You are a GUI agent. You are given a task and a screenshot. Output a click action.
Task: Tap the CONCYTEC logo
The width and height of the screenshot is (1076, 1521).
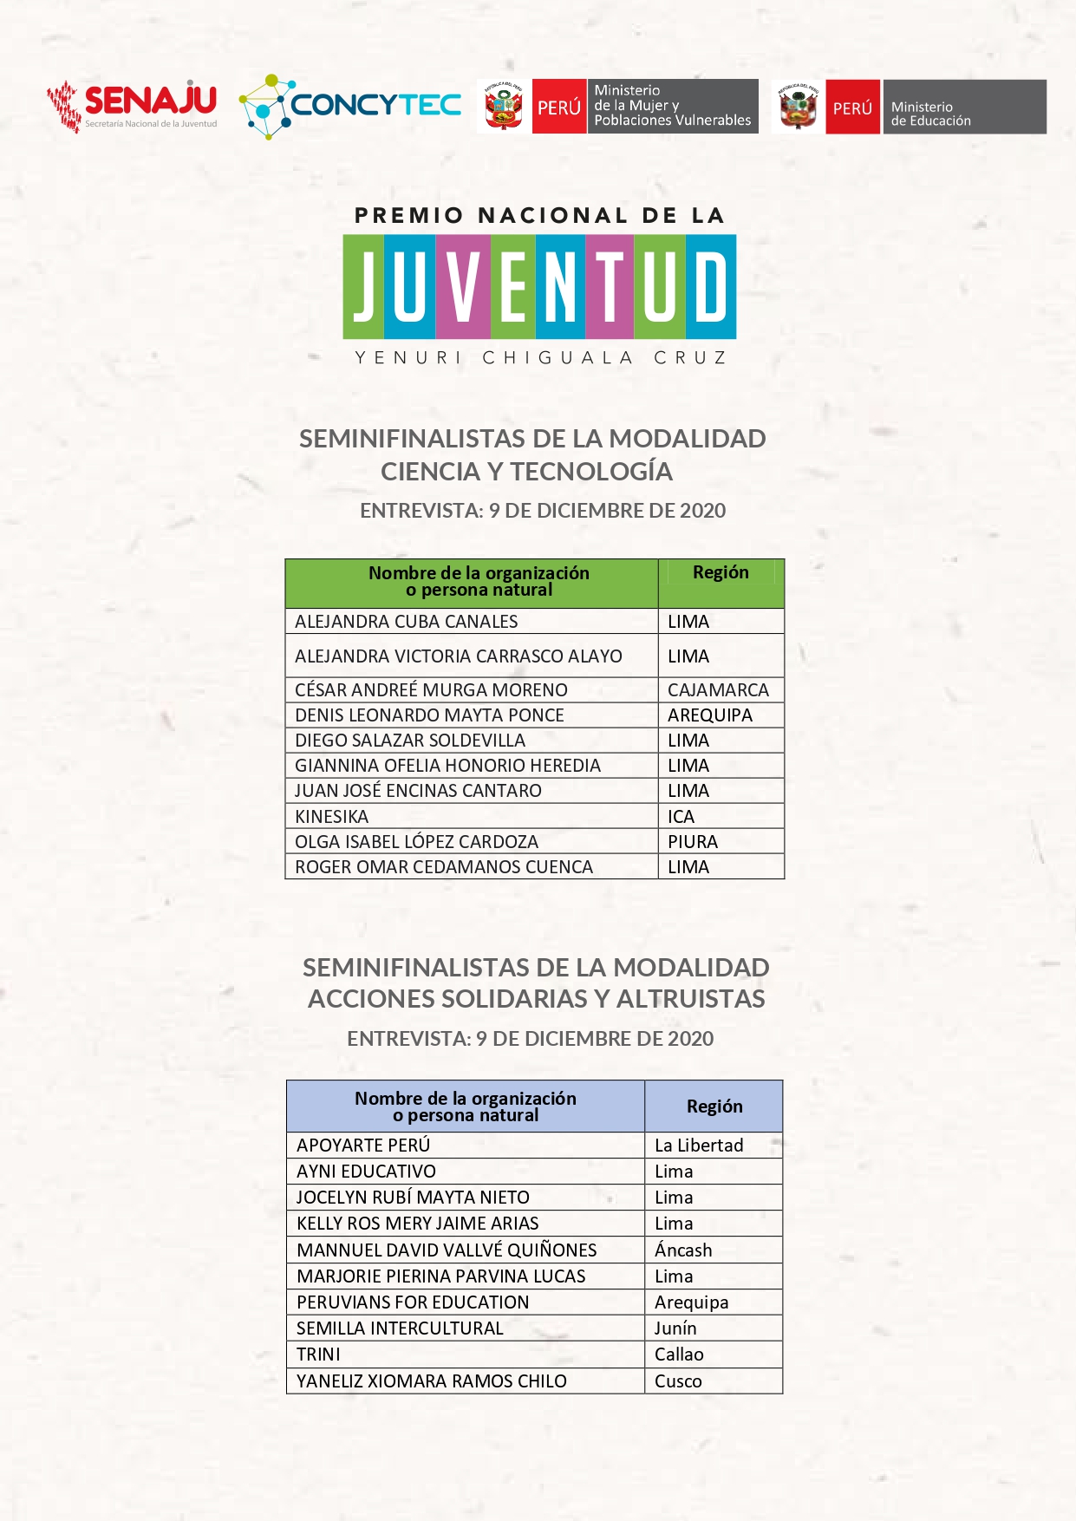pyautogui.click(x=350, y=106)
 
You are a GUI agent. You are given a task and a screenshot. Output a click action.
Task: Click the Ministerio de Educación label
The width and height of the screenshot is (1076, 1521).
pyautogui.click(x=930, y=114)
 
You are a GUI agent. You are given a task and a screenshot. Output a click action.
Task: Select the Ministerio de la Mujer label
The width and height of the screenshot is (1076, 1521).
pyautogui.click(x=672, y=106)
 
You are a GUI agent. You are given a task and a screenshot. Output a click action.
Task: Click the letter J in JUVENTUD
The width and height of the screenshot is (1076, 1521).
pyautogui.click(x=363, y=286)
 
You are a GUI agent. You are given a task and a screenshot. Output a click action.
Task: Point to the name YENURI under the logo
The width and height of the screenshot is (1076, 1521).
pyautogui.click(x=408, y=357)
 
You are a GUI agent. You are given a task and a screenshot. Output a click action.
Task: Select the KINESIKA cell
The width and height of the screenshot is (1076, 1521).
pyautogui.click(x=332, y=816)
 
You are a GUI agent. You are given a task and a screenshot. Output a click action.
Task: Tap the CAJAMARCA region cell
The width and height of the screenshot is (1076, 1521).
pyautogui.click(x=718, y=689)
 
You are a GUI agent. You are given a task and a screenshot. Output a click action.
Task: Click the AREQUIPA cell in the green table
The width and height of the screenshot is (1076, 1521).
pyautogui.click(x=710, y=715)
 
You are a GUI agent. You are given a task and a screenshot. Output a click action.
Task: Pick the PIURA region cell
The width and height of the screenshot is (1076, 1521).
pyautogui.click(x=693, y=841)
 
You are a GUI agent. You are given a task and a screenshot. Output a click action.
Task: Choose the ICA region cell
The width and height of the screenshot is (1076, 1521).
pyautogui.click(x=681, y=816)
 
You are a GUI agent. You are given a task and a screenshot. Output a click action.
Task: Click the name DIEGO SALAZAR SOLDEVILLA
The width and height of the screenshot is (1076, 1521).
pyautogui.click(x=410, y=740)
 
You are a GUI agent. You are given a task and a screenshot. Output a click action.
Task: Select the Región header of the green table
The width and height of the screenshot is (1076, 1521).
pyautogui.click(x=721, y=572)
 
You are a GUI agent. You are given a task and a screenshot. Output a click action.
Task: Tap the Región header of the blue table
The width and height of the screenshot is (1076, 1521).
pyautogui.click(x=714, y=1106)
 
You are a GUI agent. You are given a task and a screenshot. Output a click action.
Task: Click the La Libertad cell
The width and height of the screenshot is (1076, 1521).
pyautogui.click(x=699, y=1145)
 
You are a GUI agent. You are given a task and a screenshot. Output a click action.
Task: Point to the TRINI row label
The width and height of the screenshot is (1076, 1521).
pyautogui.click(x=318, y=1354)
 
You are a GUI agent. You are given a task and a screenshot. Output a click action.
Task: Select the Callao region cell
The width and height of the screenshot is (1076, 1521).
pyautogui.click(x=679, y=1354)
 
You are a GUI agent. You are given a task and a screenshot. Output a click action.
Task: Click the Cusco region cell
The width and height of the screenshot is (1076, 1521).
pyautogui.click(x=678, y=1381)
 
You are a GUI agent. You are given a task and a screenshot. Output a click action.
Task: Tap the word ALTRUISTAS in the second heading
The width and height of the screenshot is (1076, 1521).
pyautogui.click(x=690, y=998)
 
